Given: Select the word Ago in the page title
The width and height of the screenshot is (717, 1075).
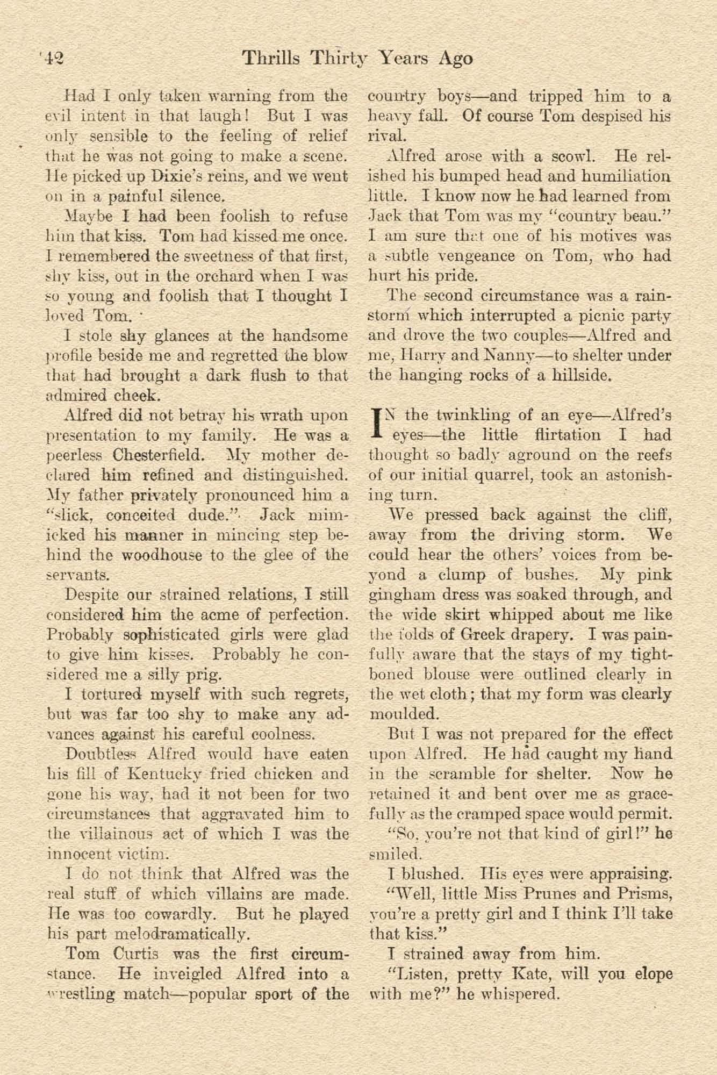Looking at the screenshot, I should [x=455, y=59].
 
